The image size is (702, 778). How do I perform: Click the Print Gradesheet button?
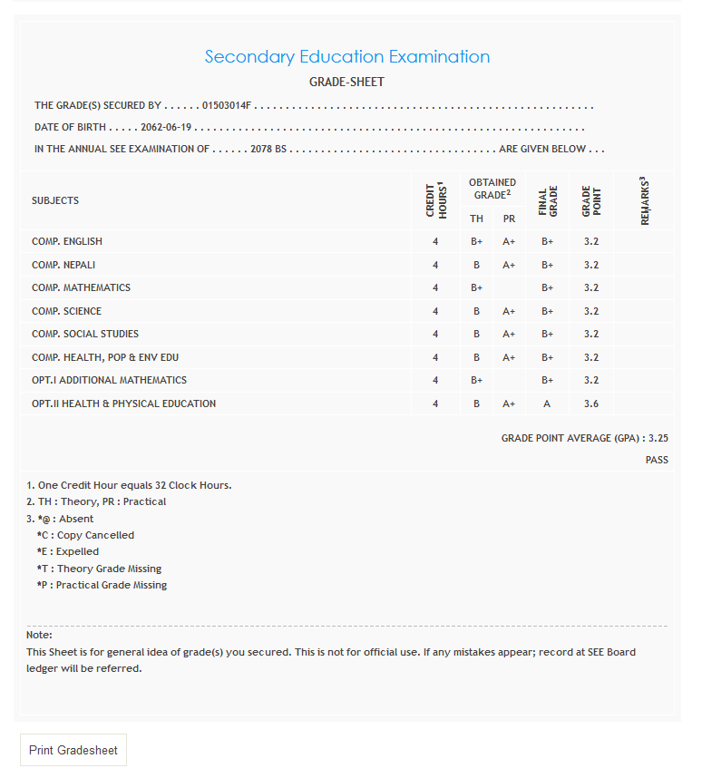tap(73, 750)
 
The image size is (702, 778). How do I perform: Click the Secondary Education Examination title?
tap(347, 56)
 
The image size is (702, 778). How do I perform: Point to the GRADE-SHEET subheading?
tap(347, 82)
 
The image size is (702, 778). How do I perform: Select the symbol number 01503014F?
tap(226, 105)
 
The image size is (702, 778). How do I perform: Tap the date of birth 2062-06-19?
tap(166, 127)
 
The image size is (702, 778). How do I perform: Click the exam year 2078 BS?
tap(268, 149)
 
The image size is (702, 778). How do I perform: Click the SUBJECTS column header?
tap(55, 200)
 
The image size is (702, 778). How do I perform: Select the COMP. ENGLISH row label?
tap(67, 241)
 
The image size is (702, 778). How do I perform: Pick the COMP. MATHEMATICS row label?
tap(81, 287)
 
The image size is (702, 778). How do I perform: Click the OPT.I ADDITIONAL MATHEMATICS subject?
tap(109, 380)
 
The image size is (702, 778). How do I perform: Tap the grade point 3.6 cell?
tap(591, 404)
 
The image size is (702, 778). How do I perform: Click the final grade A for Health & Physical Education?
tap(547, 404)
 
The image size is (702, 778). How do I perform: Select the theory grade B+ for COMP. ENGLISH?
tap(476, 241)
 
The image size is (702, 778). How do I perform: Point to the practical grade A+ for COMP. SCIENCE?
tap(509, 311)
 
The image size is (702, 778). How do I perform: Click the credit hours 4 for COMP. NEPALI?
tap(435, 265)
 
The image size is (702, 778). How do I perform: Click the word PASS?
tap(657, 460)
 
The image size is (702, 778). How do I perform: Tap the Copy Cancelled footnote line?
tap(85, 535)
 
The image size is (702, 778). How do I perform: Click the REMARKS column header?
tap(645, 200)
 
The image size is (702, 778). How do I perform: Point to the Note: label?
tap(39, 635)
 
